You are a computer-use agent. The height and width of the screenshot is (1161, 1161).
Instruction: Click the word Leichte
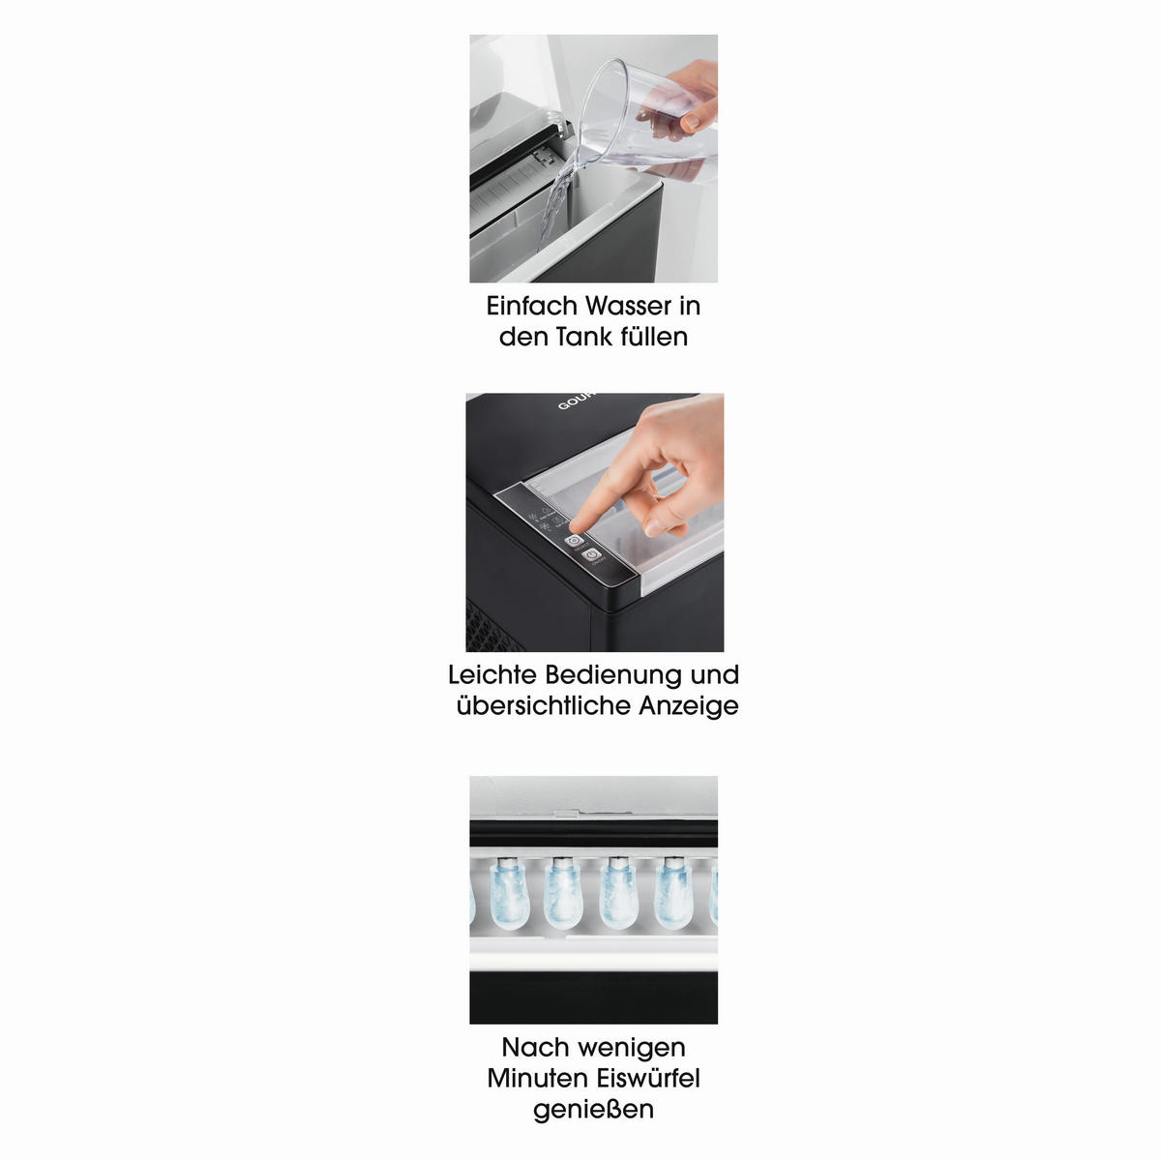point(492,674)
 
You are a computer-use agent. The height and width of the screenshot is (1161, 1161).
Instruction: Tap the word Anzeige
point(689,706)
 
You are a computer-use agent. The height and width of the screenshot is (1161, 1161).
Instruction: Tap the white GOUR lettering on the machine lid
point(577,401)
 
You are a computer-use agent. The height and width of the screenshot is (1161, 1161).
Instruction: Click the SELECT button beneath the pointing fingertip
point(574,541)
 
